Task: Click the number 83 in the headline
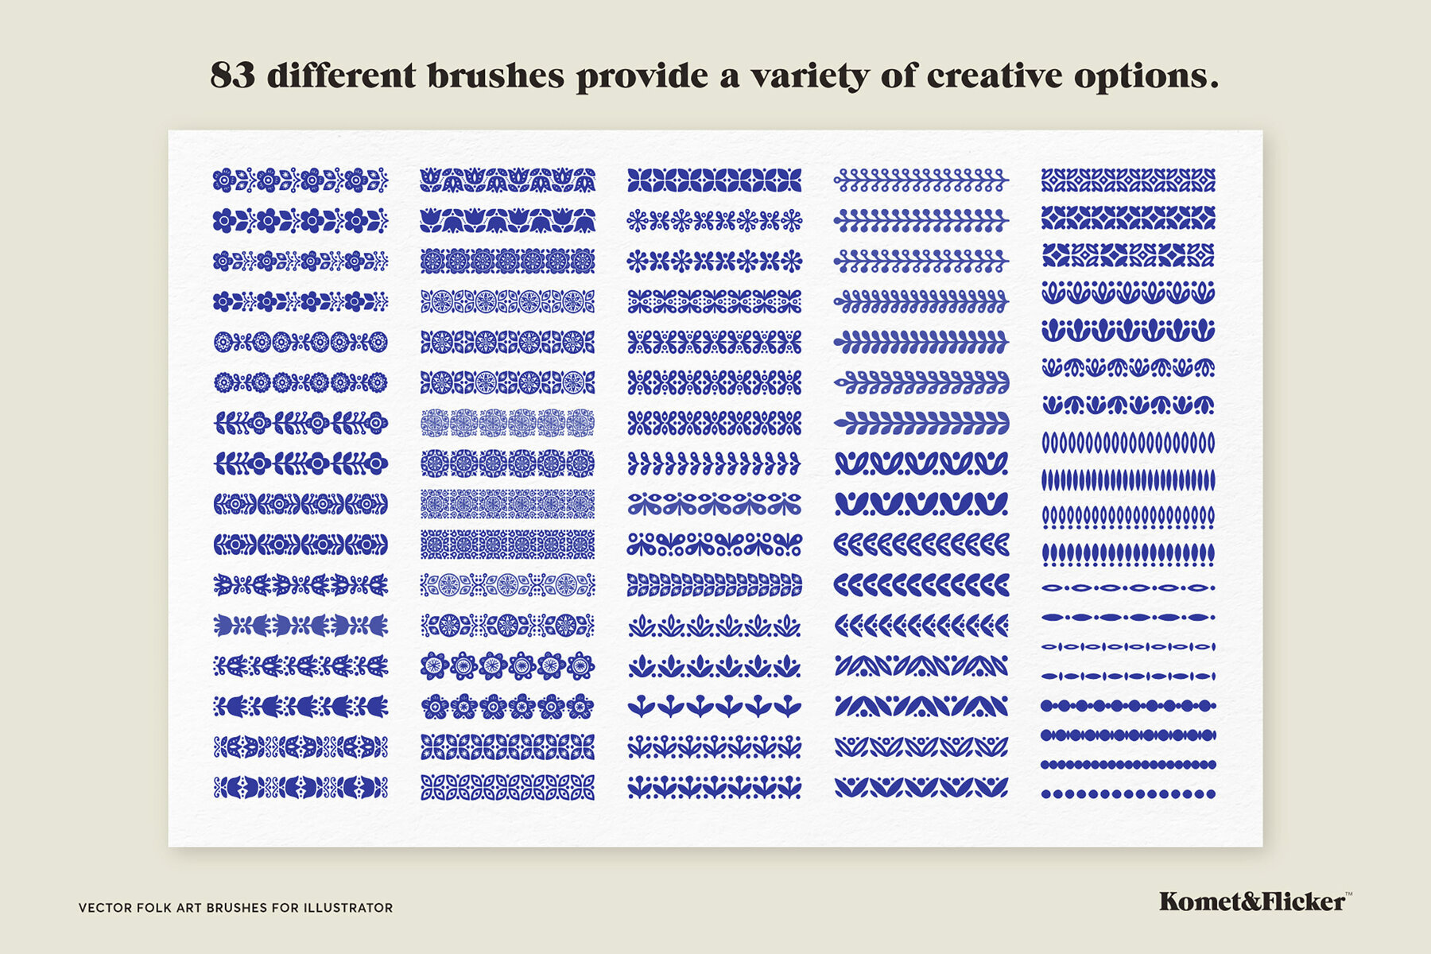tap(232, 76)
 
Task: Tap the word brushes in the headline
tap(495, 76)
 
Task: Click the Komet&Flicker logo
tap(1251, 902)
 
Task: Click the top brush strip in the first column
tap(301, 180)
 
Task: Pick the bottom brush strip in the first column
tap(301, 788)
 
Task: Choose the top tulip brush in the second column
tap(507, 180)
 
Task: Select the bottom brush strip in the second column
tap(507, 788)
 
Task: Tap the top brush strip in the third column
tap(714, 180)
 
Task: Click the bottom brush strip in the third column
tap(714, 788)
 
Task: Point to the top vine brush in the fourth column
tap(921, 180)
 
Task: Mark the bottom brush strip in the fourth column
tap(921, 788)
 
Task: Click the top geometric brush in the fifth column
tap(1128, 180)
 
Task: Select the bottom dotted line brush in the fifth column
tap(1128, 793)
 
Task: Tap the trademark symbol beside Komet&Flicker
tap(1348, 894)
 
